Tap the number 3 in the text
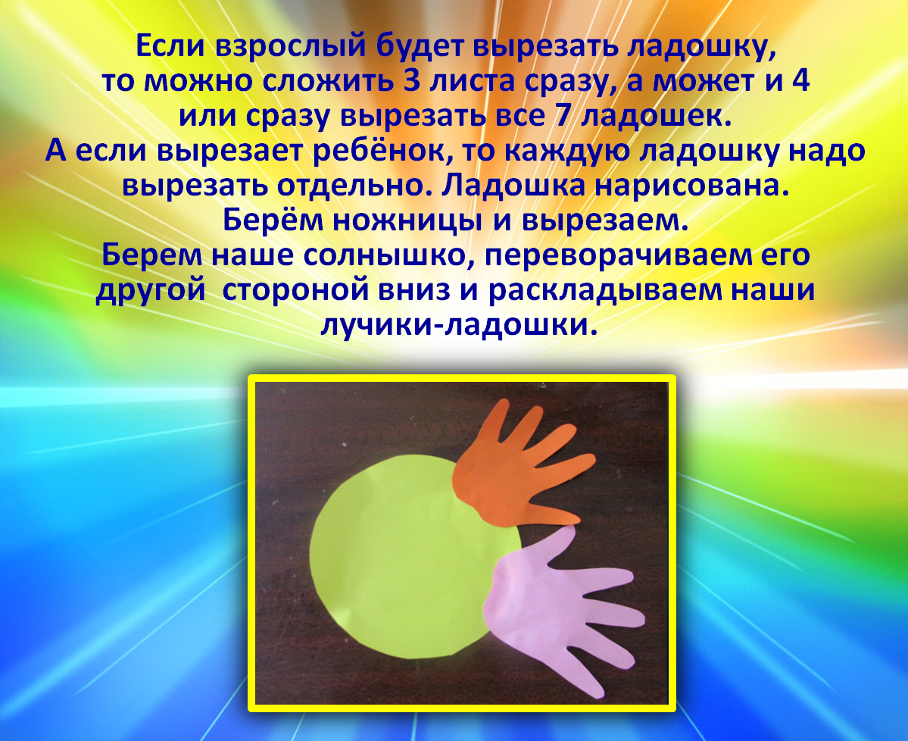[412, 80]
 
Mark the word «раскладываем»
[604, 290]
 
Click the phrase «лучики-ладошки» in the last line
[458, 325]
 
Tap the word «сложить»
[328, 80]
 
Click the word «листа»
[473, 80]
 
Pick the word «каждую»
[567, 151]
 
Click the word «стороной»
[296, 290]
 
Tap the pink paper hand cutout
[556, 608]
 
